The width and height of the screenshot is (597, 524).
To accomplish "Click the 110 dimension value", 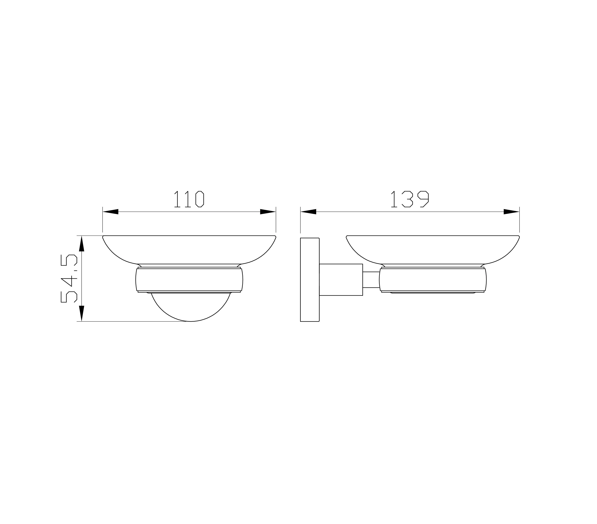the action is click(189, 199).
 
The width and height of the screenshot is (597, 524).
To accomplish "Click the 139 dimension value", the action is click(410, 199).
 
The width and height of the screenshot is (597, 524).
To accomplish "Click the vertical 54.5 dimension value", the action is click(69, 278).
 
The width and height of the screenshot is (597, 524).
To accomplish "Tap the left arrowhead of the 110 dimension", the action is click(110, 212).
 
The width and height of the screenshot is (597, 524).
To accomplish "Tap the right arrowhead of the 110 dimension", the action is click(268, 212).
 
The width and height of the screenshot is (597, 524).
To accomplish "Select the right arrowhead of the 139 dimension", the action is click(511, 212).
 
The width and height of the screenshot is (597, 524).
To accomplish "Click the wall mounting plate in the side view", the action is click(310, 280).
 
